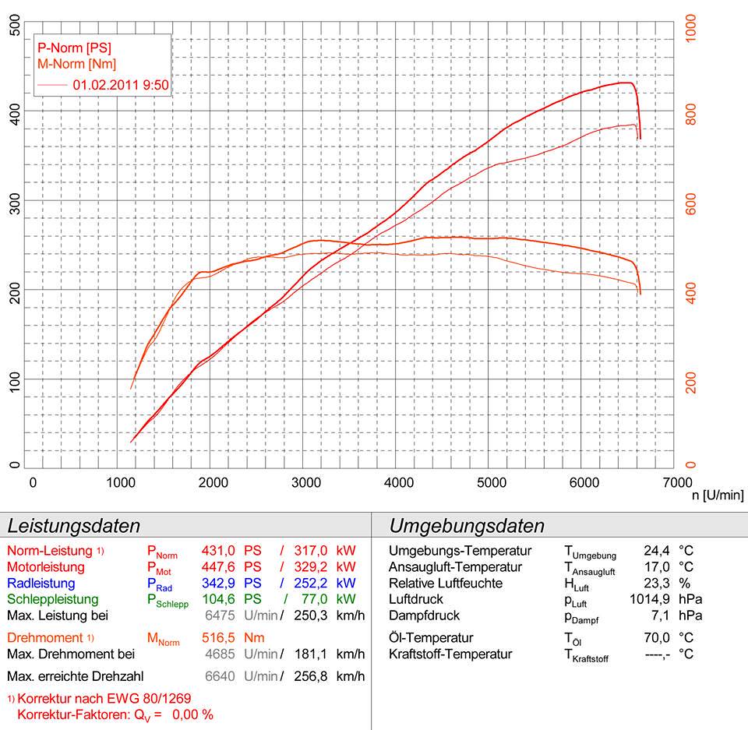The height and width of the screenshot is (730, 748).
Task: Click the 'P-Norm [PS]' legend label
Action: tap(75, 48)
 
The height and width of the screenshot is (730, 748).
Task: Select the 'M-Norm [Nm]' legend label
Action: tap(76, 64)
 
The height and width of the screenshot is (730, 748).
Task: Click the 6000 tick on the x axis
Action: tap(584, 481)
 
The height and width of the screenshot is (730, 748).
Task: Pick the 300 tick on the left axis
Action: tap(13, 201)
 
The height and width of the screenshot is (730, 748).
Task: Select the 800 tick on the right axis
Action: tap(690, 112)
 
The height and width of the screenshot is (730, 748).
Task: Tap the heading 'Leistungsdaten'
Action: tap(73, 525)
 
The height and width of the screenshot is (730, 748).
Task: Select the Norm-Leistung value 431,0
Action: tap(218, 551)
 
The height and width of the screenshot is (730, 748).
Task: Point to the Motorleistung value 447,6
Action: tap(218, 567)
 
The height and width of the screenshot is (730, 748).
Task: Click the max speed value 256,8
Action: tap(310, 675)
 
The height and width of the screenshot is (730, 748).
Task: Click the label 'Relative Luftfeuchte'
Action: tap(446, 584)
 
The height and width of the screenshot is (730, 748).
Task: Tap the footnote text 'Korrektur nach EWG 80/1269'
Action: tap(104, 698)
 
